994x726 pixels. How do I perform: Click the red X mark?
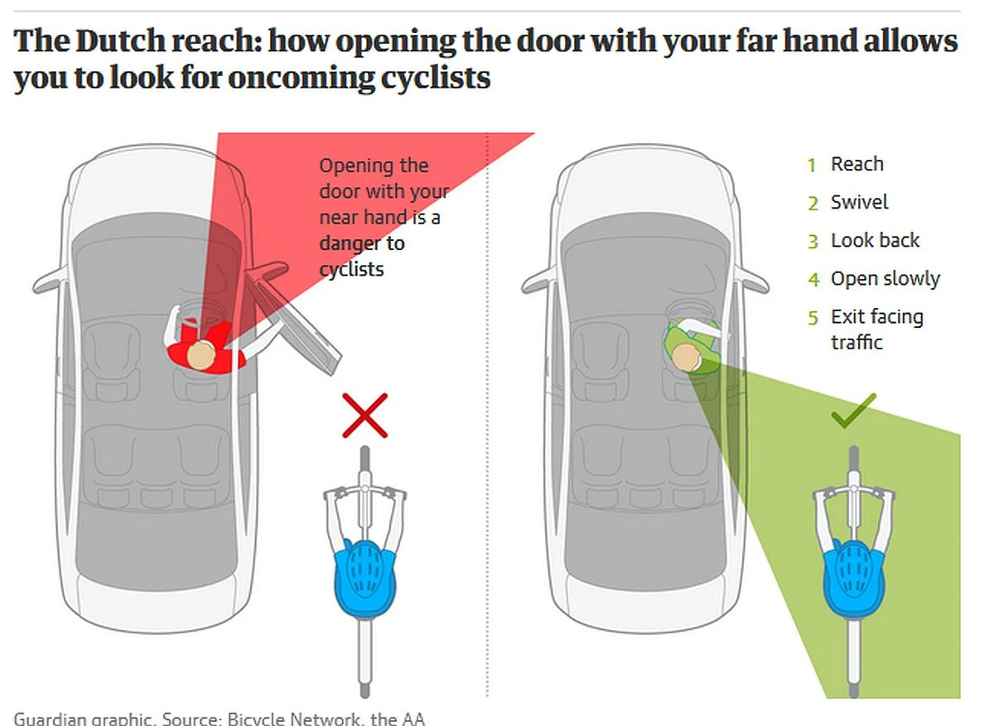pos(364,416)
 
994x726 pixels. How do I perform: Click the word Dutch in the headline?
pos(120,41)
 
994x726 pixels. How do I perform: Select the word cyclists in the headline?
pos(435,78)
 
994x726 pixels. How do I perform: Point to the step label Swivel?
pos(859,202)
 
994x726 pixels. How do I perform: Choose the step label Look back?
pos(875,240)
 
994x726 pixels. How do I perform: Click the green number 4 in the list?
pos(813,280)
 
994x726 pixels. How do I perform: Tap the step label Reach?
pos(856,164)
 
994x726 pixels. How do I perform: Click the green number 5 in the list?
pos(813,318)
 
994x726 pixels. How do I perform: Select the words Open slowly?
pos(885,279)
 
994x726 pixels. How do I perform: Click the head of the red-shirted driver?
pos(201,355)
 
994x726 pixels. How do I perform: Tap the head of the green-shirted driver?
pos(686,358)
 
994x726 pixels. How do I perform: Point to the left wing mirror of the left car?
pos(50,280)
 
